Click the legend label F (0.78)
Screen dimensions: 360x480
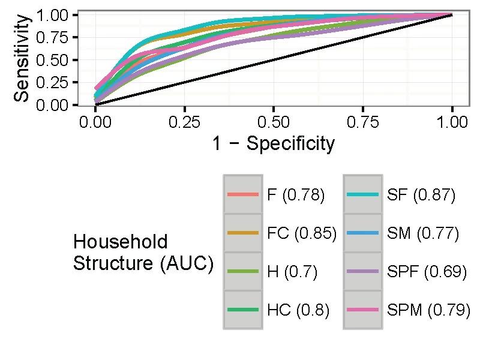pyautogui.click(x=296, y=195)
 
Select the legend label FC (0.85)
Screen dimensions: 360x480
pyautogui.click(x=301, y=233)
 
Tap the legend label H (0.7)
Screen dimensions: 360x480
pyautogui.click(x=292, y=272)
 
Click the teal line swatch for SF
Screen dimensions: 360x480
pyautogui.click(x=362, y=195)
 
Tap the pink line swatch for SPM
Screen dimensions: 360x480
pyautogui.click(x=362, y=310)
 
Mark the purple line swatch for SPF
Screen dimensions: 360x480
pyautogui.click(x=362, y=272)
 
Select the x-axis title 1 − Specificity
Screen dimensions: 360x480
pyautogui.click(x=273, y=144)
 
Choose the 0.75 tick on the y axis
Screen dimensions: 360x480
pyautogui.click(x=53, y=37)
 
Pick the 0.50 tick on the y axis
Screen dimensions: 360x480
pyautogui.click(x=53, y=60)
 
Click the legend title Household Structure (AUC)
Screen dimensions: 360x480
pyautogui.click(x=143, y=253)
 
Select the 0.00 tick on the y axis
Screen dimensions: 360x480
pyautogui.click(x=53, y=106)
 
